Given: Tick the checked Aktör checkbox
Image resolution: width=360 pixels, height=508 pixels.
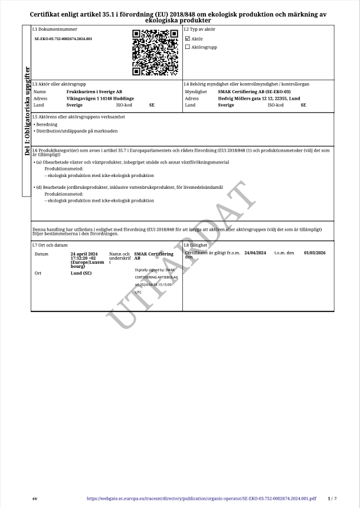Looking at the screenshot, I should (x=188, y=39).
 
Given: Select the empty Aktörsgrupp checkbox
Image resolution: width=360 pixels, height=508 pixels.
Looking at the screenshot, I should (x=188, y=47).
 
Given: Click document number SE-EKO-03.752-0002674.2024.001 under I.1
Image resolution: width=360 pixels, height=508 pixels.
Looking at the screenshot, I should (x=63, y=39).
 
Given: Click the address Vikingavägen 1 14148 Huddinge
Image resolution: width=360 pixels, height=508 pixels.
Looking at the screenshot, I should (x=100, y=99).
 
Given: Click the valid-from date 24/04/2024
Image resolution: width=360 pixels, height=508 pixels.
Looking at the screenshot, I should (x=256, y=253).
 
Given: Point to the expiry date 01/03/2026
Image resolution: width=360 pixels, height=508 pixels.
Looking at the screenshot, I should (x=315, y=253).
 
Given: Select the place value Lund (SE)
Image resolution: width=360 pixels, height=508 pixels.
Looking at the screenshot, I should (x=81, y=274).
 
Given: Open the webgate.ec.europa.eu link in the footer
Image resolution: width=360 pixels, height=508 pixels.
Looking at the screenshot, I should (x=201, y=499).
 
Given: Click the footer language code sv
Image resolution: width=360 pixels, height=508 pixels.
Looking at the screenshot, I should (x=35, y=499).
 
